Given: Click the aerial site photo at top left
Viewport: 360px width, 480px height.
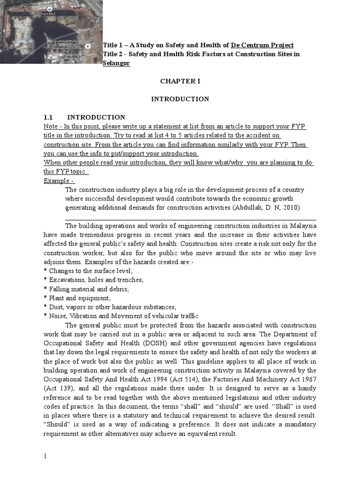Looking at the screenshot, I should (51, 31).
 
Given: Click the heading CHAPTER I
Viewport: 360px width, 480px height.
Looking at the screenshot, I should (180, 81).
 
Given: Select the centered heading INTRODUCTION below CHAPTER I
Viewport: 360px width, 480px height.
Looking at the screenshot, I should (180, 99).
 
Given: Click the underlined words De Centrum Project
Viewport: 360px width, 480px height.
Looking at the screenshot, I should (262, 45).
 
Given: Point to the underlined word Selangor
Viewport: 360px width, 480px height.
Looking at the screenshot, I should (116, 63).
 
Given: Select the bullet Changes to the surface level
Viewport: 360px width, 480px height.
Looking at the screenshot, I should (88, 271).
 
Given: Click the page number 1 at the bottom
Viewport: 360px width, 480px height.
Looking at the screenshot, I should (45, 457).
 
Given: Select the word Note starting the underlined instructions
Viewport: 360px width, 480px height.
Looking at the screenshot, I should (51, 127).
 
